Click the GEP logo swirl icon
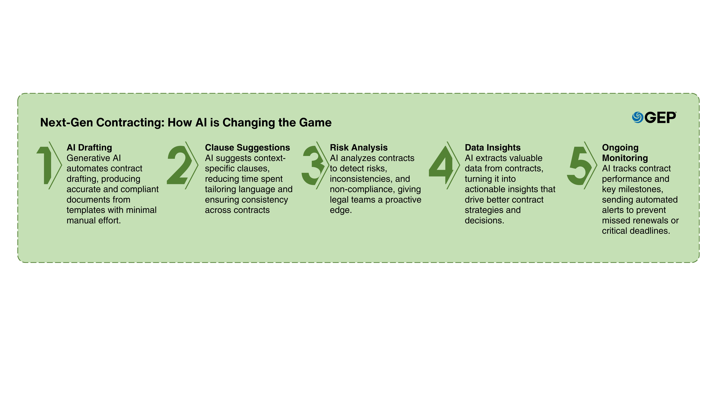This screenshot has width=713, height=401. (x=637, y=117)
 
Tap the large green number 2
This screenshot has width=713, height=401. (x=179, y=165)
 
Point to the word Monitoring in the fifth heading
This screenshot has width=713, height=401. (x=625, y=158)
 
